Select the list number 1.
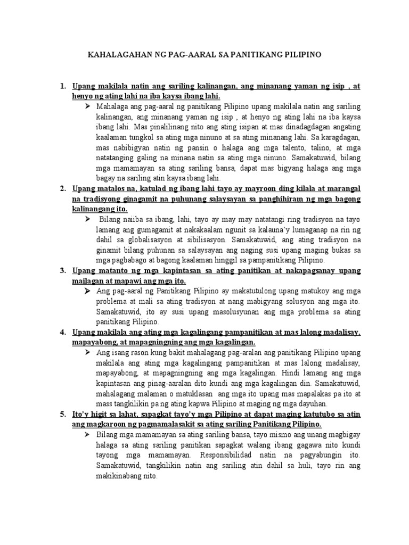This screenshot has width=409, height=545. [63, 86]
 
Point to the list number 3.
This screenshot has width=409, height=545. [63, 271]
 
